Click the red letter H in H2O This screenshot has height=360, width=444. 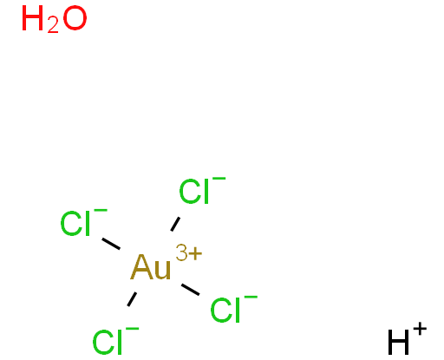[x=33, y=18]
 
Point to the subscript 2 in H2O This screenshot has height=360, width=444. [x=53, y=27]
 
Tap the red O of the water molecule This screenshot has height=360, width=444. [x=75, y=18]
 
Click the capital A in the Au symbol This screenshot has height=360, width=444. [x=141, y=267]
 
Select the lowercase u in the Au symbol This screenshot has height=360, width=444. [x=162, y=271]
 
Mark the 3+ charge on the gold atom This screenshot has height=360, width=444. [x=189, y=253]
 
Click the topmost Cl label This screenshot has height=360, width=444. [x=194, y=192]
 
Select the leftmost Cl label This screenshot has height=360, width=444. [x=75, y=223]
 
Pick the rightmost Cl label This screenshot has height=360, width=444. [x=225, y=310]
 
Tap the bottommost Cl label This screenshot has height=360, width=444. [x=107, y=342]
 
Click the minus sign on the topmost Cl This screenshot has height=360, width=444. [x=219, y=179]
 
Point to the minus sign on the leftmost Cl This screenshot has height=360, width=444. [x=101, y=211]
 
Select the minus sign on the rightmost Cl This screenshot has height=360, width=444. [x=251, y=298]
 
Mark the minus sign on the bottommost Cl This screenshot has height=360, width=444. [x=133, y=329]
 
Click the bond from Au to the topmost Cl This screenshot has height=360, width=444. [x=175, y=224]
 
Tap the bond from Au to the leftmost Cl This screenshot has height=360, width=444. [x=111, y=244]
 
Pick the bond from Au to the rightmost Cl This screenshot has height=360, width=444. [x=191, y=290]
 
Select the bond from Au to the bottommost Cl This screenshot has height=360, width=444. [x=132, y=299]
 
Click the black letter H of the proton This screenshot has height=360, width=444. [x=399, y=342]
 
